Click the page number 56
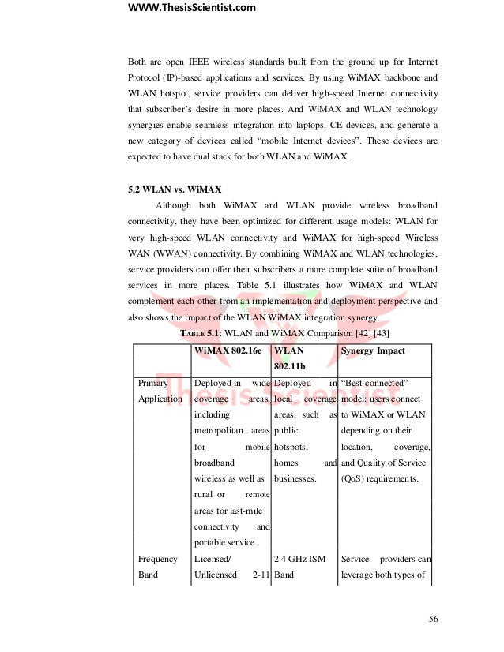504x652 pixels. pos(433,618)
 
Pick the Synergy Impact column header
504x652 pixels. pos(372,350)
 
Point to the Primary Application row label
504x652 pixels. pos(160,391)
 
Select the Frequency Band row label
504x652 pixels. pos(158,567)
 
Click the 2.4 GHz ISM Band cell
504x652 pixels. pos(299,567)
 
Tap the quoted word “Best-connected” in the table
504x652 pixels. pos(373,383)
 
